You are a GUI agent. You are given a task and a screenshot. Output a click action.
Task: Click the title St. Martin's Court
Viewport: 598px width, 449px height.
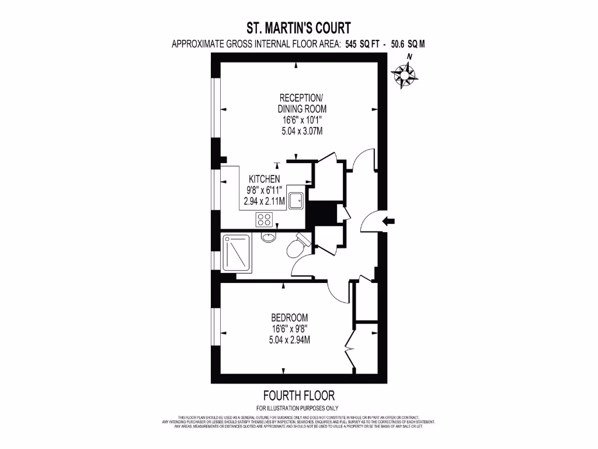[x=299, y=27]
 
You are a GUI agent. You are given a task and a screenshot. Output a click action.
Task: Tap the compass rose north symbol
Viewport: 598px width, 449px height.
[x=404, y=73]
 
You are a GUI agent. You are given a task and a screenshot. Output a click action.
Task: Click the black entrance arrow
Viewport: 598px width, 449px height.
[x=388, y=221]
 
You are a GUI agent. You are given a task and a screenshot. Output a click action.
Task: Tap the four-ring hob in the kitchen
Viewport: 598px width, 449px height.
[x=264, y=220]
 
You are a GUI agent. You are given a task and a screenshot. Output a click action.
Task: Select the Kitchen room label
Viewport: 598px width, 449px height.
[x=265, y=179]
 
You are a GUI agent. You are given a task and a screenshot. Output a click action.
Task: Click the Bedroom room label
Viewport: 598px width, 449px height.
[x=290, y=317]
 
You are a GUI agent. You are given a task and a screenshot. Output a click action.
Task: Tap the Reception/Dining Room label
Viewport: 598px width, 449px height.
[x=301, y=103]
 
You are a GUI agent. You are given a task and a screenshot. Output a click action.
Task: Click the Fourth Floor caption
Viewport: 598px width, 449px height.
[x=298, y=396]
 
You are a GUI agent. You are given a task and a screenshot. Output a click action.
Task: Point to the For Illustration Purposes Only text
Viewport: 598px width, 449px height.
[x=298, y=408]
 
